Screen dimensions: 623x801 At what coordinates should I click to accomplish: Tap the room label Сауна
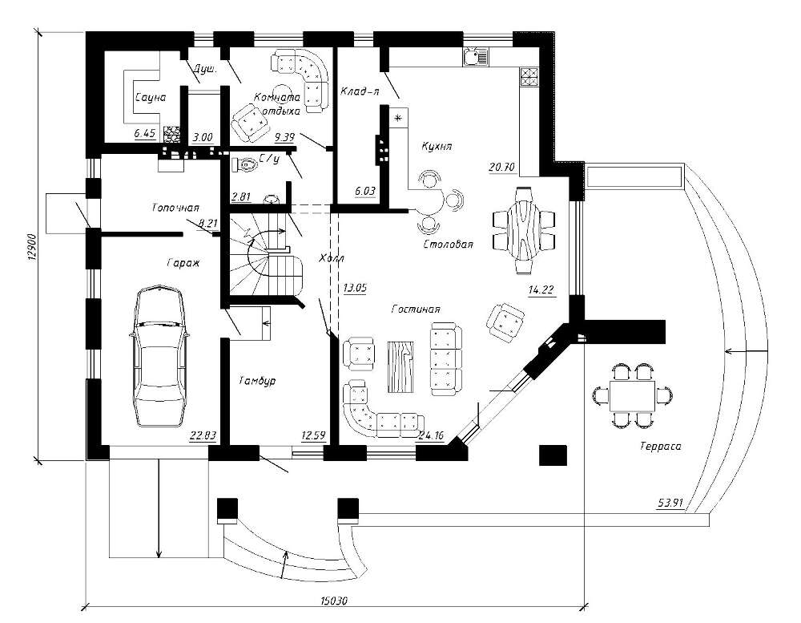(150, 98)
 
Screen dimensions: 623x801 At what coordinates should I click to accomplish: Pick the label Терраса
(660, 447)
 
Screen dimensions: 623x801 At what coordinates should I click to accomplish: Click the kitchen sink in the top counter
(473, 55)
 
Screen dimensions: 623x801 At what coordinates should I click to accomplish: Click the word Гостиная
(416, 309)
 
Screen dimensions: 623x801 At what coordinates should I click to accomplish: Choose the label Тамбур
(256, 382)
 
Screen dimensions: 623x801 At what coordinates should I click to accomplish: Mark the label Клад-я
(358, 91)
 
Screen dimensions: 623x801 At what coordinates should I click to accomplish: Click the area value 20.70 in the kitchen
(501, 168)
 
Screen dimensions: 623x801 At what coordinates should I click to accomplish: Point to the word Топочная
(175, 207)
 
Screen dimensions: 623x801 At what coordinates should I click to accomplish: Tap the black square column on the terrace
(552, 455)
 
